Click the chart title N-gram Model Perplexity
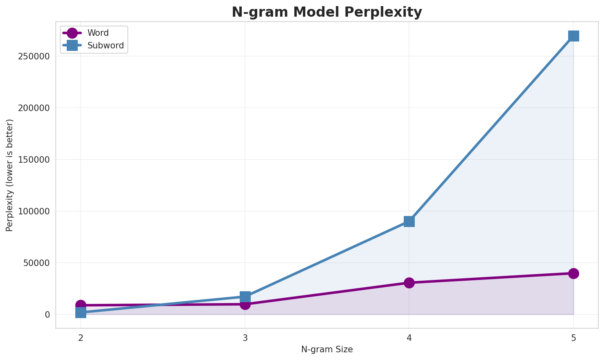327,12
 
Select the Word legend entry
98,33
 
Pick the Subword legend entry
105,46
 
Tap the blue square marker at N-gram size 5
573,36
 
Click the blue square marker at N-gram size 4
409,221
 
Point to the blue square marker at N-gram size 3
245,297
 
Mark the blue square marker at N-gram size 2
81,312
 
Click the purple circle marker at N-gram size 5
573,273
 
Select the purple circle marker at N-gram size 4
409,283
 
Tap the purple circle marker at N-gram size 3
245,304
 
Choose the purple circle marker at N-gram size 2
81,305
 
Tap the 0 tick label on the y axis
48,315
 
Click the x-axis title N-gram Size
327,349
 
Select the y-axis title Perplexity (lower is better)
10,175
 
